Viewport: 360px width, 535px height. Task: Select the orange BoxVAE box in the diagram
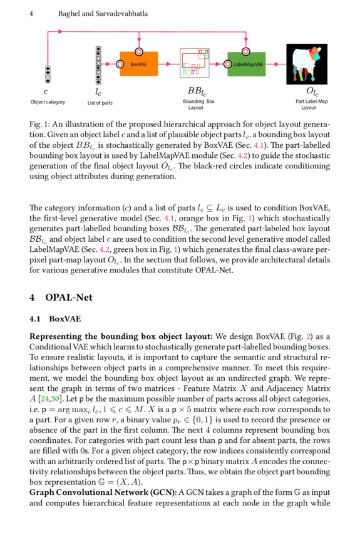tap(140, 64)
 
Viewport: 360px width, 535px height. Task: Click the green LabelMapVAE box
tap(247, 64)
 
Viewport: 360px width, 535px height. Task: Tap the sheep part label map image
tap(307, 63)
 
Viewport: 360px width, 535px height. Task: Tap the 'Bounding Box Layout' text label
tap(198, 104)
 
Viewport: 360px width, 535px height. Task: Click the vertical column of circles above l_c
tap(98, 64)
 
